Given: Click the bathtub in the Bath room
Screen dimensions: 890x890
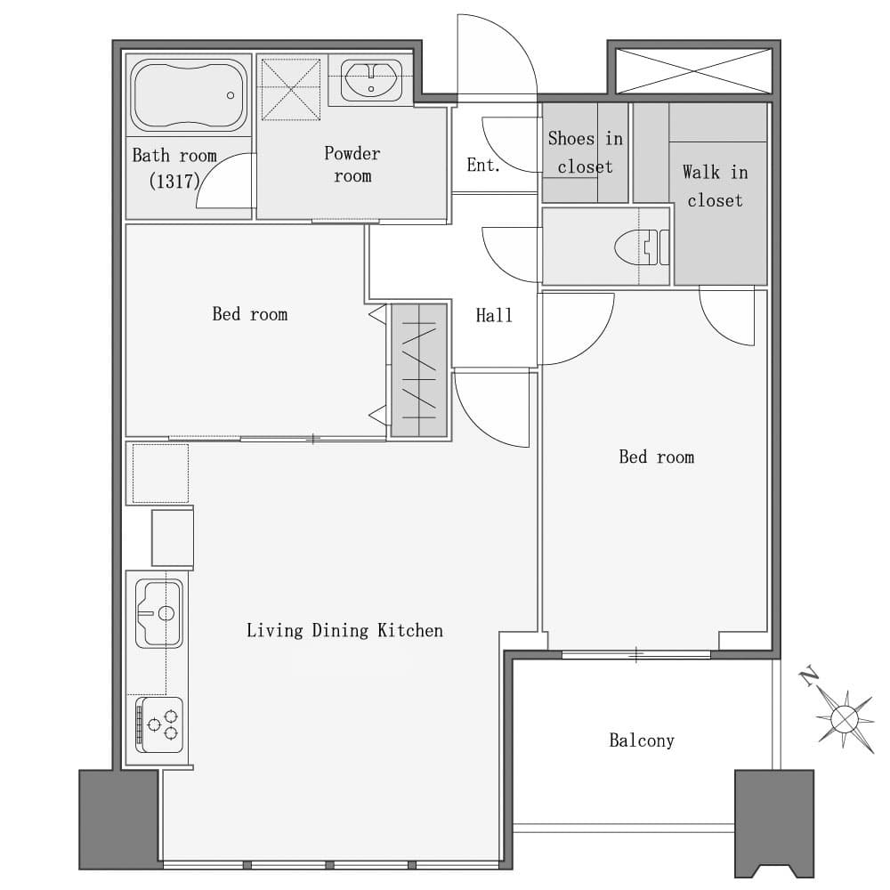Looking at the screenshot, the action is click(x=189, y=95).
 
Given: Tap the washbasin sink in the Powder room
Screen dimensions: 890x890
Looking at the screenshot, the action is click(x=371, y=79).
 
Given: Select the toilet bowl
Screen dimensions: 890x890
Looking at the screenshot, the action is click(x=642, y=247).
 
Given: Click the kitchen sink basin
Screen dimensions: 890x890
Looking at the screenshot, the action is click(x=159, y=613).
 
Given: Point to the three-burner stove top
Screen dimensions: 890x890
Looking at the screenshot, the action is click(x=159, y=724).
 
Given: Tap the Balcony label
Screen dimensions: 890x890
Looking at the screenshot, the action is click(x=642, y=740).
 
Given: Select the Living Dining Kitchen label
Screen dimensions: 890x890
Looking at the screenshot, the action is click(x=344, y=631).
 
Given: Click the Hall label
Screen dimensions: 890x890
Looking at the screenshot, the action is click(x=494, y=315).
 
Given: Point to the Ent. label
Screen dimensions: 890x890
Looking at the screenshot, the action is click(x=483, y=166).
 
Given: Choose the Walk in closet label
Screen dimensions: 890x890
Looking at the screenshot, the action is click(x=716, y=186).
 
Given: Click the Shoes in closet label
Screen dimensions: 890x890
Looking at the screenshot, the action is click(x=586, y=152).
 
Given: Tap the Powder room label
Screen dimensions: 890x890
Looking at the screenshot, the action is click(x=352, y=164).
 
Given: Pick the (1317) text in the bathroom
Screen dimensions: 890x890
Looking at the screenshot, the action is click(x=174, y=181).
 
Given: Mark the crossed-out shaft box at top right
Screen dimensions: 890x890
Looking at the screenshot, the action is click(x=693, y=71).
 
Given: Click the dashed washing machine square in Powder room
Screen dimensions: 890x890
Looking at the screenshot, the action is click(x=291, y=90).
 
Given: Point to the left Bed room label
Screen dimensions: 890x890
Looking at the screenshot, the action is click(x=250, y=314).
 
